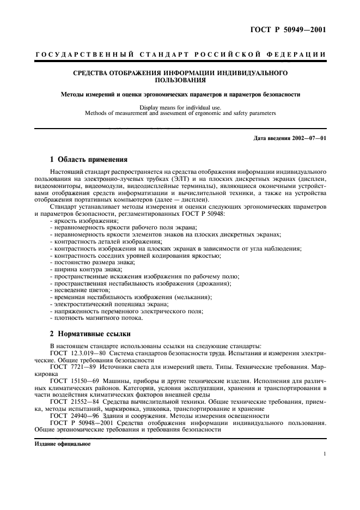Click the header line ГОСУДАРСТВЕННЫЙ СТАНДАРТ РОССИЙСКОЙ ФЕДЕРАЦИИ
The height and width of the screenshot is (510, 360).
(180, 54)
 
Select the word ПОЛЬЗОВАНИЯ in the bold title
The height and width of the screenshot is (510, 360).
(180, 80)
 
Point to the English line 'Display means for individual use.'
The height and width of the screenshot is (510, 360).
(180, 107)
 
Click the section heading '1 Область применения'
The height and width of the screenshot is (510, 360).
(88, 160)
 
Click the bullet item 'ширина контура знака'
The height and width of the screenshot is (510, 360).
(86, 269)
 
